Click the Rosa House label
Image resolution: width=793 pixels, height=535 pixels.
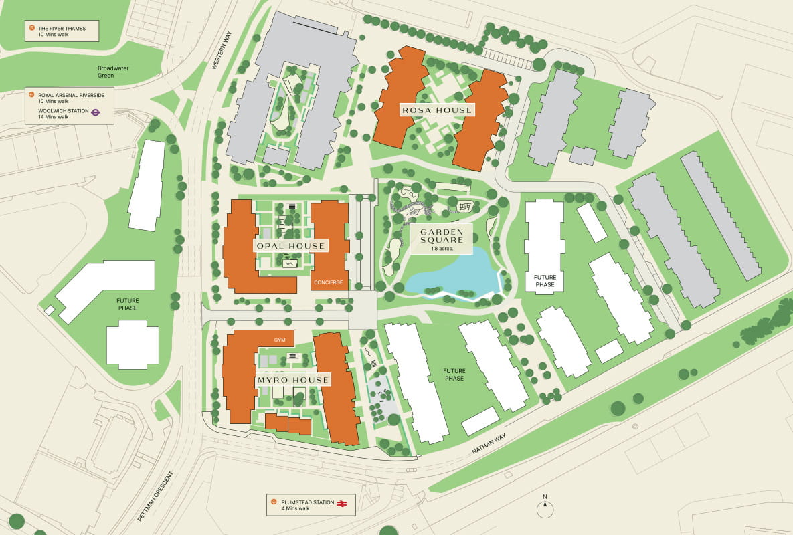point(436,110)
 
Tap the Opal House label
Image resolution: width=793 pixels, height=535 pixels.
point(290,246)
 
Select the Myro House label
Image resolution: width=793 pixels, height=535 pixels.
point(293,380)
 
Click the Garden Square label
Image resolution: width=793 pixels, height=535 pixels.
point(442,235)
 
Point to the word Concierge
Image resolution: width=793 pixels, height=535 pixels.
point(328,282)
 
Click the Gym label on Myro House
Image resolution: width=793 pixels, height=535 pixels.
point(280,340)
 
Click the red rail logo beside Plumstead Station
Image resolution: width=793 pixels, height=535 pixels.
point(341,502)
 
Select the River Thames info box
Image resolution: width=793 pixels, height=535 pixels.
point(62,31)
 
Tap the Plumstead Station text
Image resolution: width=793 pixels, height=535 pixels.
point(307,502)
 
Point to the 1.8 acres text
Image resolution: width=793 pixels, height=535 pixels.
point(442,249)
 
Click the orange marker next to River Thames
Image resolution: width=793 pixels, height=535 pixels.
point(31,28)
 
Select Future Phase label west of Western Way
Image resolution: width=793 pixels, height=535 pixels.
point(126,304)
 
